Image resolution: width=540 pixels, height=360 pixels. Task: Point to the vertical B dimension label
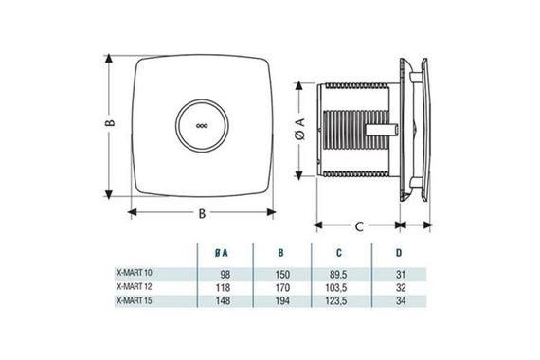[110, 124]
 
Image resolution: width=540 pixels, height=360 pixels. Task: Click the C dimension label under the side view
[359, 227]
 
